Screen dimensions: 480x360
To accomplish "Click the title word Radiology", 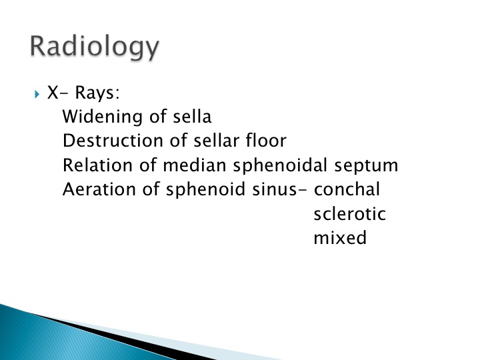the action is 94,47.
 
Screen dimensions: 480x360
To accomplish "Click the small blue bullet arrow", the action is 37,94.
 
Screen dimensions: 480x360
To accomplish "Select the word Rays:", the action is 97,93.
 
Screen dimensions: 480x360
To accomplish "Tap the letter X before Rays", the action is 53,92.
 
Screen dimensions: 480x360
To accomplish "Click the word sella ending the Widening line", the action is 192,116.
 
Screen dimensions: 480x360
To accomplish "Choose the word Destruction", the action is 113,141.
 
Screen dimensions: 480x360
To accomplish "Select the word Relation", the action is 98,165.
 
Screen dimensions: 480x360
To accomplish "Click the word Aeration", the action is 99,189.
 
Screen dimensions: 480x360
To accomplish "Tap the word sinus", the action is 275,190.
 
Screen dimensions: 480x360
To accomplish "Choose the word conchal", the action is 347,189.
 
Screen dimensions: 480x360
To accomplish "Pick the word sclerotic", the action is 349,214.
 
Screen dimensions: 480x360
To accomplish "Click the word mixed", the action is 340,237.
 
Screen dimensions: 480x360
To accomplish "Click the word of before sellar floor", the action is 178,141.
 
